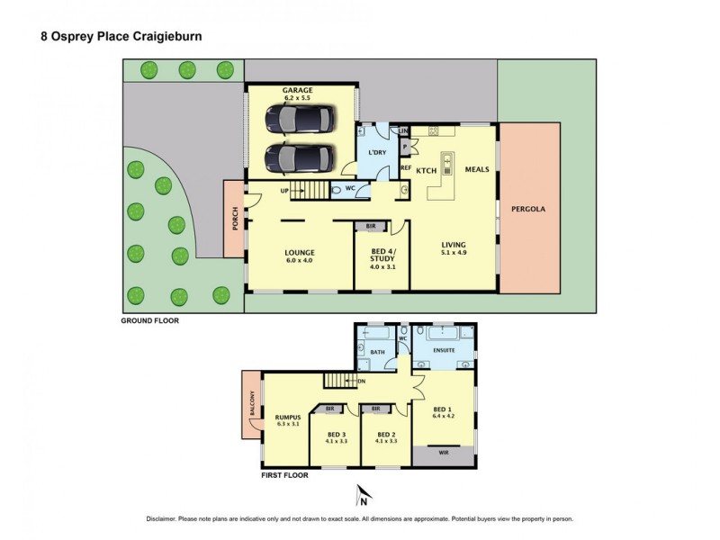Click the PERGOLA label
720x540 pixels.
529,209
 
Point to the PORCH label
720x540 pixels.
235,219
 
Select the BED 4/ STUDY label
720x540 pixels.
382,257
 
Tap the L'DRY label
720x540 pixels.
377,153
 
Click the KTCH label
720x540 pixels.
426,170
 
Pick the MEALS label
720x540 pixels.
476,169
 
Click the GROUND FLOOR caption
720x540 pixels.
150,319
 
